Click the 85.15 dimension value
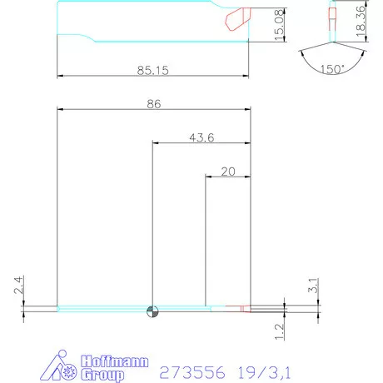(x=154, y=72)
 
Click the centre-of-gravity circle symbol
(x=152, y=311)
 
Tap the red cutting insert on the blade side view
(x=237, y=17)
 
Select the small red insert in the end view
(x=333, y=13)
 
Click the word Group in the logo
(x=102, y=375)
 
